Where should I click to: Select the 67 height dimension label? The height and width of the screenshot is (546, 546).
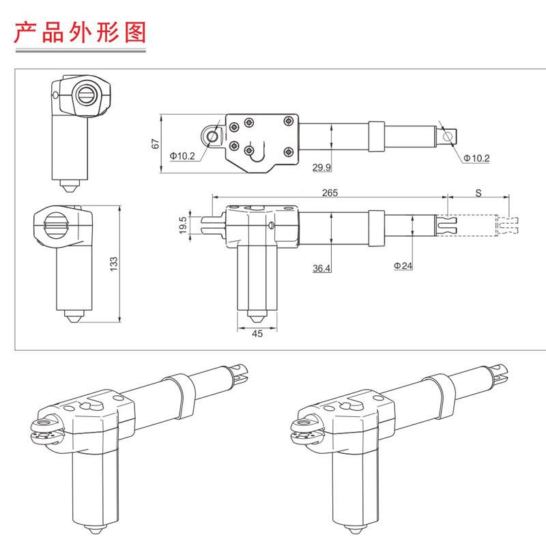pos(156,144)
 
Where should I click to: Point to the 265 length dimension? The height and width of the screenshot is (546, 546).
pos(330,193)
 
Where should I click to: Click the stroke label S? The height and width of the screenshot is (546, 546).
pos(478,193)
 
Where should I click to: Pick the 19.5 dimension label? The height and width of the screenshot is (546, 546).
pos(182,225)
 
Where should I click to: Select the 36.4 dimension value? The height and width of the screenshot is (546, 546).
pos(322,269)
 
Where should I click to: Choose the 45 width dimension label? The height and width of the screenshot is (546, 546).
pos(257,334)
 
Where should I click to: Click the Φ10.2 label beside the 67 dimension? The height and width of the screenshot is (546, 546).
pos(182,156)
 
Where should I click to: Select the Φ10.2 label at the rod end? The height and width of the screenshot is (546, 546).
pos(476,158)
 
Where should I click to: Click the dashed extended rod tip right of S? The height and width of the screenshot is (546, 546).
pos(508,225)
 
